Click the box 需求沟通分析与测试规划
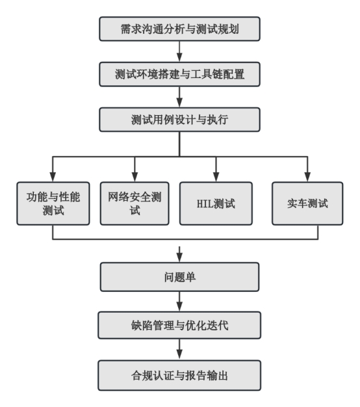[179, 29]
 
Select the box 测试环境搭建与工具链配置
[179, 74]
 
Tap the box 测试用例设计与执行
[179, 120]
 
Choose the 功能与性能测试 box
[53, 203]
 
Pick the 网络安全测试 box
[135, 203]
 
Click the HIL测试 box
[216, 203]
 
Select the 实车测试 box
[307, 203]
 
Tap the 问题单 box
[179, 277]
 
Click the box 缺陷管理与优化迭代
[179, 325]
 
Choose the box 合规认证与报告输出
[179, 375]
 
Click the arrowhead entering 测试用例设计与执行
[179, 103]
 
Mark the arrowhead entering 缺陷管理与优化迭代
[179, 307]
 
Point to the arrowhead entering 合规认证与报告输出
[179, 356]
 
